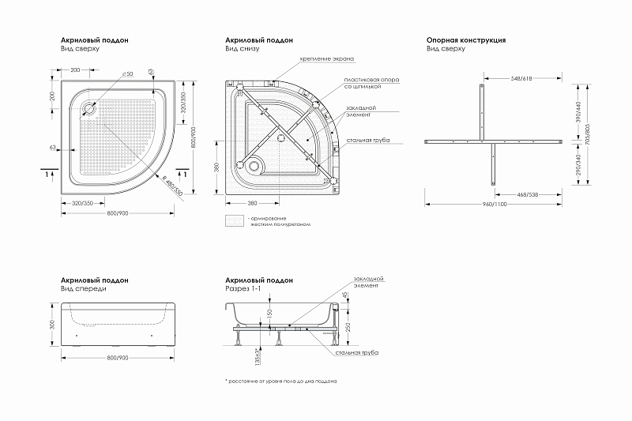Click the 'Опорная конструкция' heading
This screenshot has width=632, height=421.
click(x=465, y=39)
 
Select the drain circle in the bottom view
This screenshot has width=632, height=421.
click(x=253, y=166)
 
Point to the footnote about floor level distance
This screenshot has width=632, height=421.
click(x=282, y=380)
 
